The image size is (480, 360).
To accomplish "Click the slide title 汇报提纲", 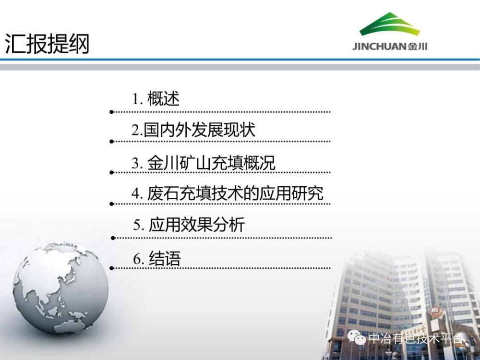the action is [x=47, y=44].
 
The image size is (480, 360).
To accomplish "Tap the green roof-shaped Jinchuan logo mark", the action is [x=390, y=24].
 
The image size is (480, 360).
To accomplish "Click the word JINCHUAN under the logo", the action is [x=379, y=47].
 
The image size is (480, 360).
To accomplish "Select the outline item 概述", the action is [x=163, y=98].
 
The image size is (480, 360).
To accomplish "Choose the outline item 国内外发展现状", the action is [x=199, y=130].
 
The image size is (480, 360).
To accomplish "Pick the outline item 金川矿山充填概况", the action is [x=211, y=163].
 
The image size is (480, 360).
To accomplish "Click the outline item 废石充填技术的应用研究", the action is [x=235, y=193].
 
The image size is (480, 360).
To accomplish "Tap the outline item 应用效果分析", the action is [x=196, y=225].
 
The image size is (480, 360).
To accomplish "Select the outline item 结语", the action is [x=165, y=259].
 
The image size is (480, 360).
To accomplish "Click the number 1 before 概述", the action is [x=135, y=99].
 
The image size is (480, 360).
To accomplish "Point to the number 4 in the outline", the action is [x=136, y=193].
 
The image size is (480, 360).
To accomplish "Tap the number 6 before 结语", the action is [x=137, y=259].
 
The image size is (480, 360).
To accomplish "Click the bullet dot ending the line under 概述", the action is [x=111, y=112].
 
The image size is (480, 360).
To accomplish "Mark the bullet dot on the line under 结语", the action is [x=111, y=268].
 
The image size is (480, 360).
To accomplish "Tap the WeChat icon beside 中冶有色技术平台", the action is [x=357, y=337].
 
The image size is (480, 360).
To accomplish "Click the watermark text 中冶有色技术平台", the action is [x=415, y=338].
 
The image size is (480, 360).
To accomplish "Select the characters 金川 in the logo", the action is [x=418, y=47].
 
